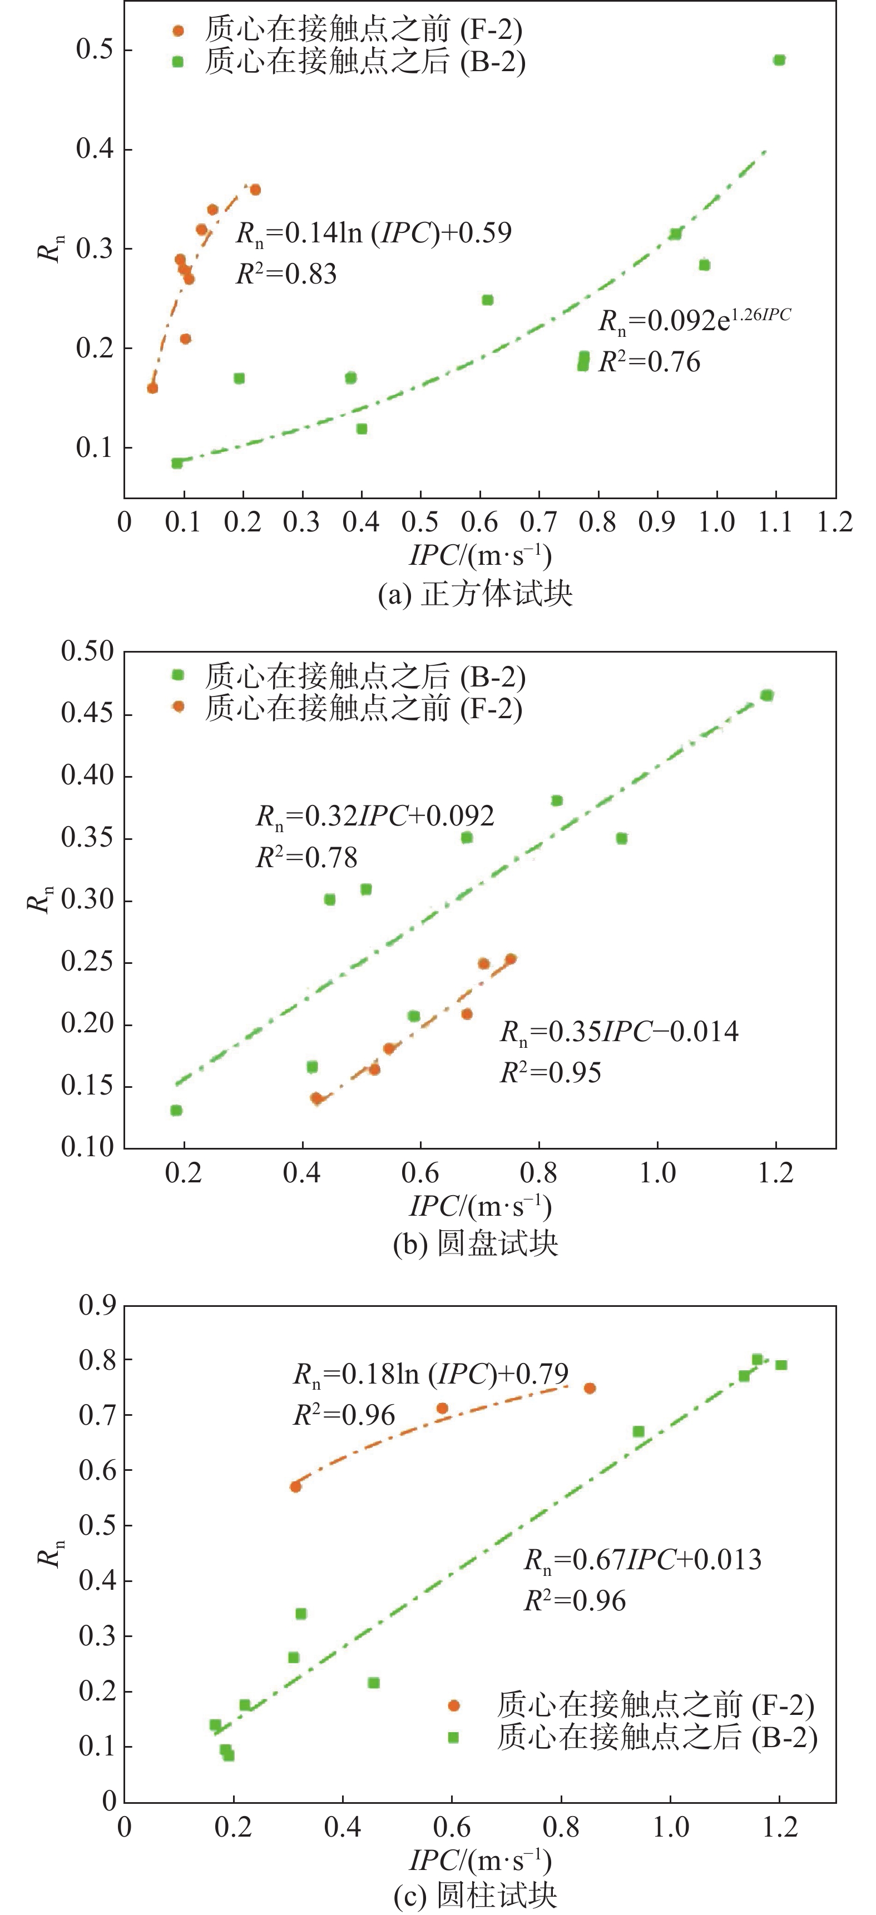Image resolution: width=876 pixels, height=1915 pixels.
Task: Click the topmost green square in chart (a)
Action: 779,60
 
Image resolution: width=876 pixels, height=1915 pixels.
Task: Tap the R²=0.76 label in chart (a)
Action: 649,362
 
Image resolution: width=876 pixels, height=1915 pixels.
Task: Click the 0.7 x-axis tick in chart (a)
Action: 539,522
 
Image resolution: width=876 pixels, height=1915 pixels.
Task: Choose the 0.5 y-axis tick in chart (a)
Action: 95,50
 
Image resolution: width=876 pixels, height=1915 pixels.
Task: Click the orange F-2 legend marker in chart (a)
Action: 178,31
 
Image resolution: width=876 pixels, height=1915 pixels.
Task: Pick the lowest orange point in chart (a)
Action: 152,388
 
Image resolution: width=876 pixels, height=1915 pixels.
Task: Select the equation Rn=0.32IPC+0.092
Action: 375,816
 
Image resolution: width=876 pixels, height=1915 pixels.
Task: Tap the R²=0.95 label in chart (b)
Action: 550,1073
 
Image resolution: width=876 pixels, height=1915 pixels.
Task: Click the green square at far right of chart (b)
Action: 766,695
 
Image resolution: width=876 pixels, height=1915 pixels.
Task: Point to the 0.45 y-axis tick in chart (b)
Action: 87,714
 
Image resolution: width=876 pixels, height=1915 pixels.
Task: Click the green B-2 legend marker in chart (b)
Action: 178,675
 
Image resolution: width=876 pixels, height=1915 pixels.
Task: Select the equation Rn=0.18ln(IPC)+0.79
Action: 430,1373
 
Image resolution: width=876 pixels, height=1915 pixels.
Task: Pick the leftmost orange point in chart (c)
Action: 295,1486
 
